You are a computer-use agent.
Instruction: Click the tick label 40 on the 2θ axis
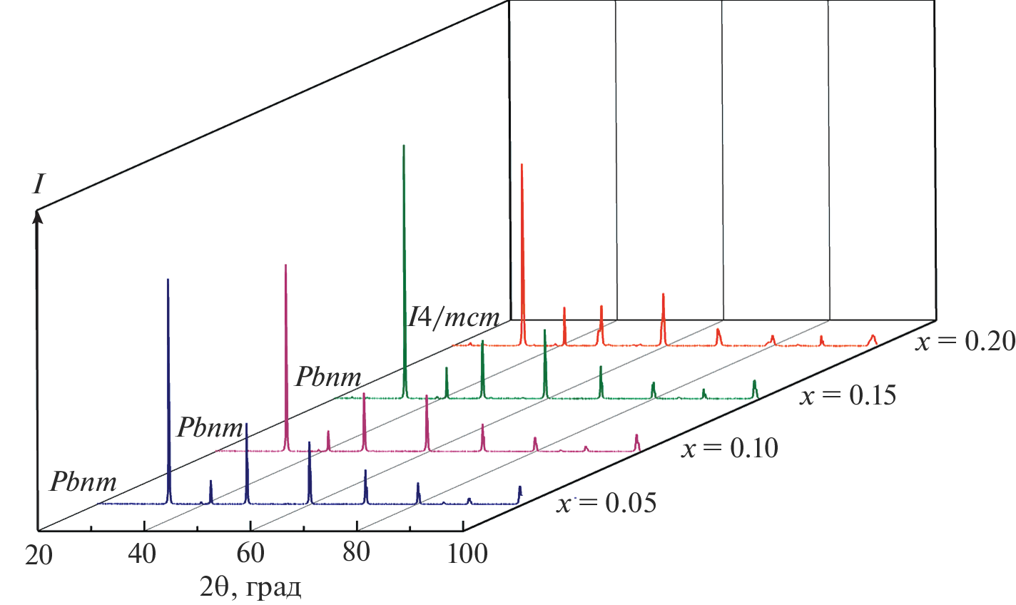click(x=145, y=554)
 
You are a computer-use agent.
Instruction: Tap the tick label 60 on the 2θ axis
click(x=250, y=554)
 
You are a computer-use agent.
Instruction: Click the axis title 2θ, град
click(x=250, y=587)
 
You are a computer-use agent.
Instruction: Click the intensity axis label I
click(x=39, y=185)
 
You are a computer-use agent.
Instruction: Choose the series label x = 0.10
click(x=730, y=449)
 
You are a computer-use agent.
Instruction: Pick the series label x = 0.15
click(x=848, y=395)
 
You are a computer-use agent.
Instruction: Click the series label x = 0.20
click(x=965, y=342)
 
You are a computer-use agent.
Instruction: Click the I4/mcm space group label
click(x=454, y=317)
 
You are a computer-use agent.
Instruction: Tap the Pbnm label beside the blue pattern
click(x=83, y=482)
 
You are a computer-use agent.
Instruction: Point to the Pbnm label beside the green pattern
click(x=328, y=377)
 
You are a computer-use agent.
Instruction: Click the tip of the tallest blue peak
click(x=168, y=280)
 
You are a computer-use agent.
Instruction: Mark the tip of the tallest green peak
click(x=404, y=146)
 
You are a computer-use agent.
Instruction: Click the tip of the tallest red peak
click(x=522, y=165)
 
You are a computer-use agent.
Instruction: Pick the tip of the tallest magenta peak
click(x=285, y=265)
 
